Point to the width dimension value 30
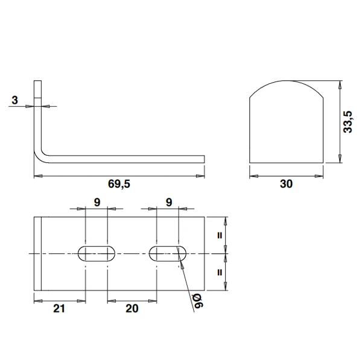(287, 185)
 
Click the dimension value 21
(59, 308)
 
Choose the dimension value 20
(132, 308)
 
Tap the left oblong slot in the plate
(97, 253)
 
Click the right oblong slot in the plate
(168, 253)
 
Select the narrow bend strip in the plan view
(37, 253)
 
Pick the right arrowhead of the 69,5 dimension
(201, 176)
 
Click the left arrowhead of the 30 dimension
(253, 177)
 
